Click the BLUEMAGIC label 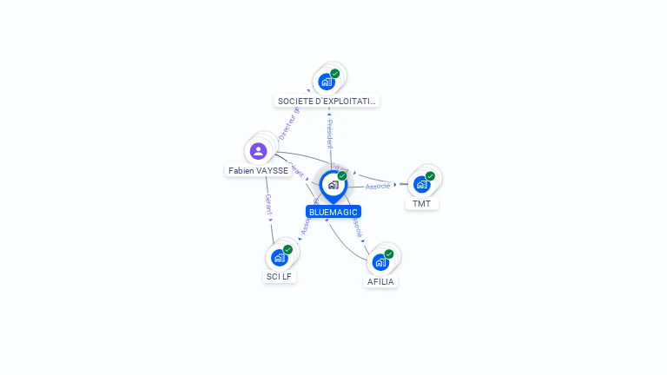(333, 212)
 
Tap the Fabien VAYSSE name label (258, 171)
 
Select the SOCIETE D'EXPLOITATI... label (327, 101)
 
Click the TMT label (421, 204)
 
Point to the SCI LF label (280, 277)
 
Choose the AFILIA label (381, 281)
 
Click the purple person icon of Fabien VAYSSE (258, 151)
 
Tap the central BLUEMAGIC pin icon (333, 185)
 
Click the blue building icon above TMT (422, 184)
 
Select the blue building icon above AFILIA (380, 261)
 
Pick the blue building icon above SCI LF (280, 257)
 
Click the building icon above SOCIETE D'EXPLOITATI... (327, 81)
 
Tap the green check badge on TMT (430, 176)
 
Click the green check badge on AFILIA (389, 253)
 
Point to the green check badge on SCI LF (287, 249)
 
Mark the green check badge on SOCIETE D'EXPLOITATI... (335, 73)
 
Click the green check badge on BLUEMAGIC (342, 175)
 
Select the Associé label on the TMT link (378, 186)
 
